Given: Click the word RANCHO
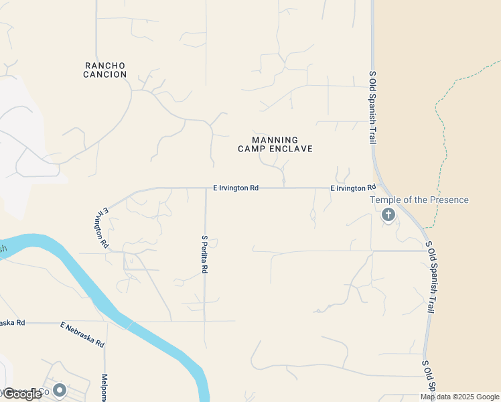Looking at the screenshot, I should pyautogui.click(x=105, y=66).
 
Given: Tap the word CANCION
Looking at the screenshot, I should pyautogui.click(x=105, y=74).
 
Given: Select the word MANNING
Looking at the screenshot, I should pyautogui.click(x=275, y=140).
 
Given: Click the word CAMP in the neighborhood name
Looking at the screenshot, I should pyautogui.click(x=252, y=149).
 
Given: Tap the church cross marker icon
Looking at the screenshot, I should pyautogui.click(x=388, y=214).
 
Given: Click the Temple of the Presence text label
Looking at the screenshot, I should pyautogui.click(x=420, y=200).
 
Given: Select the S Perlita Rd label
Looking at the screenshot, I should pyautogui.click(x=205, y=254).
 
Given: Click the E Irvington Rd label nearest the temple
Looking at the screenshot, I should pyautogui.click(x=353, y=188).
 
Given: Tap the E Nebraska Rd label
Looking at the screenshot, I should pyautogui.click(x=82, y=334).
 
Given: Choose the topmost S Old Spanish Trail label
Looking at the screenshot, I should pyautogui.click(x=372, y=107).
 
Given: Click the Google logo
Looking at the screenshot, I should pyautogui.click(x=23, y=394).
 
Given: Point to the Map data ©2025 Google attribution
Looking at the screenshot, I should pyautogui.click(x=460, y=397).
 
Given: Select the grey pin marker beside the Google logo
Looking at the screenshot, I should pyautogui.click(x=60, y=389).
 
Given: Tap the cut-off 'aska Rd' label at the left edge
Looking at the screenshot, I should pyautogui.click(x=12, y=322).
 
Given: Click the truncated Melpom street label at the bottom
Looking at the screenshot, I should pyautogui.click(x=104, y=389).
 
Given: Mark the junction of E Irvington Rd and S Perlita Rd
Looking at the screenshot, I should pyautogui.click(x=206, y=188).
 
